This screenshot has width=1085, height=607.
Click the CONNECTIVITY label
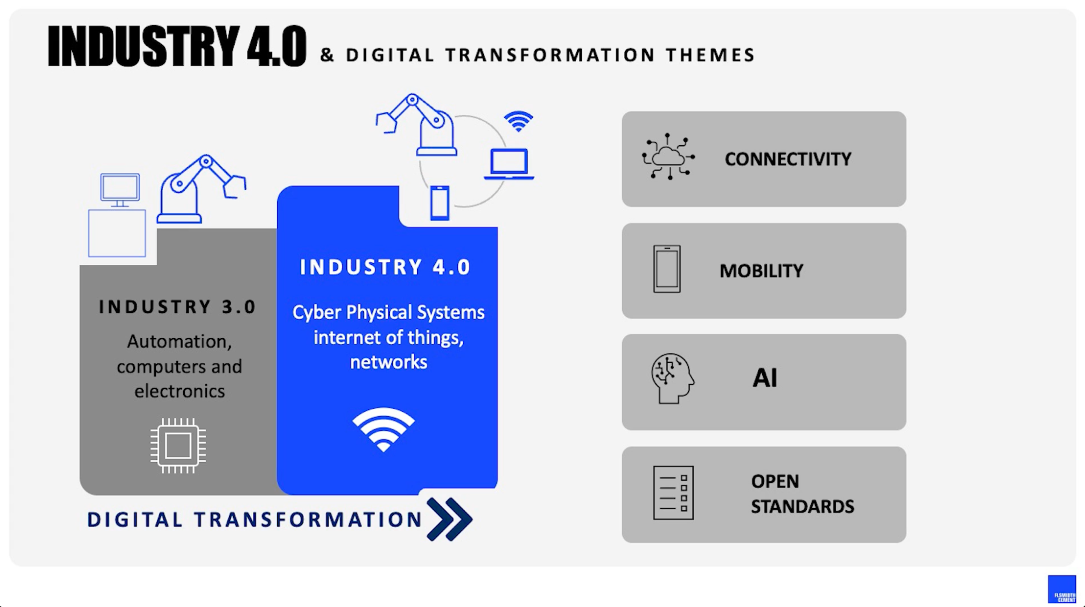point(788,159)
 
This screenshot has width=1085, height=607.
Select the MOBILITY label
point(761,271)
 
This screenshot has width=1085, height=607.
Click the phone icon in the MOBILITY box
point(667,269)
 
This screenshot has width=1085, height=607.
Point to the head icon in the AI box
point(672,378)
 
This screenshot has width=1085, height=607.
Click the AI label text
point(765,377)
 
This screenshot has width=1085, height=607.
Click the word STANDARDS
point(802,506)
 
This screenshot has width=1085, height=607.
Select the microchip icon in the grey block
point(178,445)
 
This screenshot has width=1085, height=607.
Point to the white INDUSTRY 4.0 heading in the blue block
point(385,267)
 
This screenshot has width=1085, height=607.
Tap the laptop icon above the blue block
point(509,164)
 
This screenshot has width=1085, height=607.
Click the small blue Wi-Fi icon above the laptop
point(518,121)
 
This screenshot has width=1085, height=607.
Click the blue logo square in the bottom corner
point(1062,589)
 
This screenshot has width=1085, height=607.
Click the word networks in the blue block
point(388,362)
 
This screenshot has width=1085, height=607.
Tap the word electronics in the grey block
point(179,391)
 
